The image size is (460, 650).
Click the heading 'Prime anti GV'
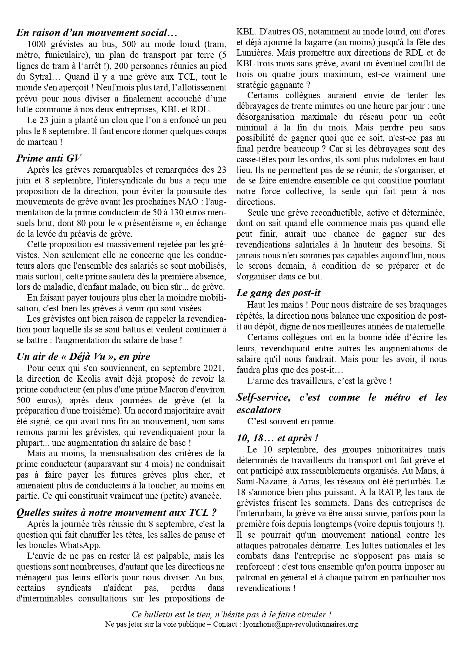49,158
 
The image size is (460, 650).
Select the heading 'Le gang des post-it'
278,293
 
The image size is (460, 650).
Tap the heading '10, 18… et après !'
277,438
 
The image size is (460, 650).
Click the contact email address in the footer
300,624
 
